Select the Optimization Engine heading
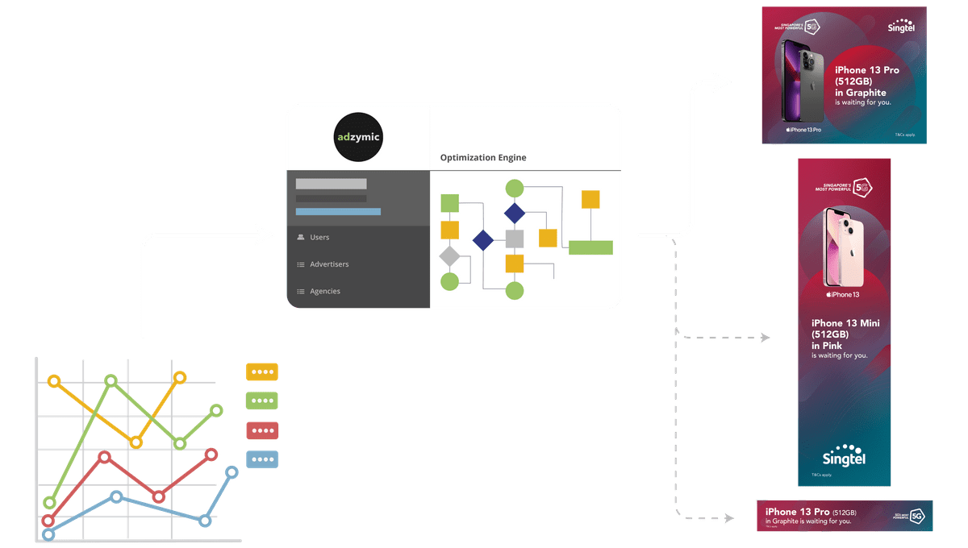[483, 158]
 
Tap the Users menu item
[319, 238]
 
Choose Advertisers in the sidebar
[329, 264]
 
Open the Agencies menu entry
[325, 291]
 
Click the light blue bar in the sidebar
[338, 212]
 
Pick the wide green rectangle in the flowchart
[590, 247]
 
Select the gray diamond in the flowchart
[449, 256]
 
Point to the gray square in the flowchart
[515, 239]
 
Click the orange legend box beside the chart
[261, 372]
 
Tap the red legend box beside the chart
[261, 430]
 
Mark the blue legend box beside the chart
[261, 459]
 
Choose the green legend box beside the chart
[261, 400]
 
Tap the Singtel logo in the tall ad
[844, 456]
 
